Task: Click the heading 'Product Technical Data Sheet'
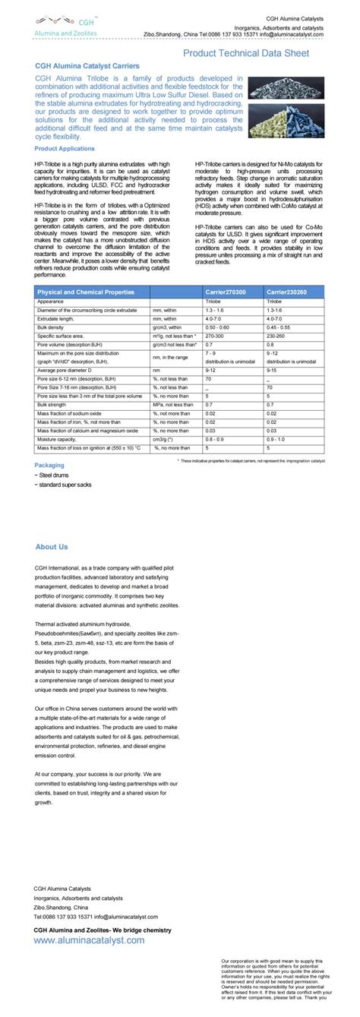click(x=245, y=53)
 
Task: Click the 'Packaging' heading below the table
click(x=49, y=465)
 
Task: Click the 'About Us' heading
click(x=52, y=546)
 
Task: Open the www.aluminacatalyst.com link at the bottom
click(x=89, y=940)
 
